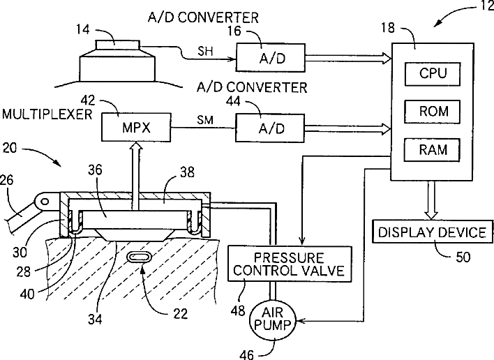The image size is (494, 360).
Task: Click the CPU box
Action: click(x=433, y=74)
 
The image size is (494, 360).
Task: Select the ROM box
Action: click(x=433, y=112)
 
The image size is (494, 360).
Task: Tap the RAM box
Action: click(x=433, y=150)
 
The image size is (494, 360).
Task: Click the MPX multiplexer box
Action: click(x=136, y=127)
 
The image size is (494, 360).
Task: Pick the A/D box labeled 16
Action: click(x=271, y=58)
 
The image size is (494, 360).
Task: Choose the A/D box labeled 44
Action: click(x=270, y=128)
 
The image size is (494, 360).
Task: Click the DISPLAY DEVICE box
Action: click(x=433, y=232)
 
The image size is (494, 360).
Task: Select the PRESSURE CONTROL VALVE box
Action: click(x=290, y=264)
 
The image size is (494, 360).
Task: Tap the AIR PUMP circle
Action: click(x=273, y=320)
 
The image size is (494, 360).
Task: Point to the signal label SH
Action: click(x=205, y=51)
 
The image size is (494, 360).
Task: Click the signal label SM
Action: click(x=205, y=120)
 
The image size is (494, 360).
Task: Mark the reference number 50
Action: click(x=463, y=257)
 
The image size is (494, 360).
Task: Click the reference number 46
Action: click(x=246, y=355)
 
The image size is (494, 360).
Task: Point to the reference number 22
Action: click(x=180, y=314)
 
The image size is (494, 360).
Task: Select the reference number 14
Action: click(x=82, y=29)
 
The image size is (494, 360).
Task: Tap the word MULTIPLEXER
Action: click(x=47, y=114)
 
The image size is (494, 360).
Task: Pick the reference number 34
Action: click(x=95, y=320)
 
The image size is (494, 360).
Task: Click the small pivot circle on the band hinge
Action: click(x=45, y=201)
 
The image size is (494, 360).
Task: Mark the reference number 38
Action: click(x=187, y=172)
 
